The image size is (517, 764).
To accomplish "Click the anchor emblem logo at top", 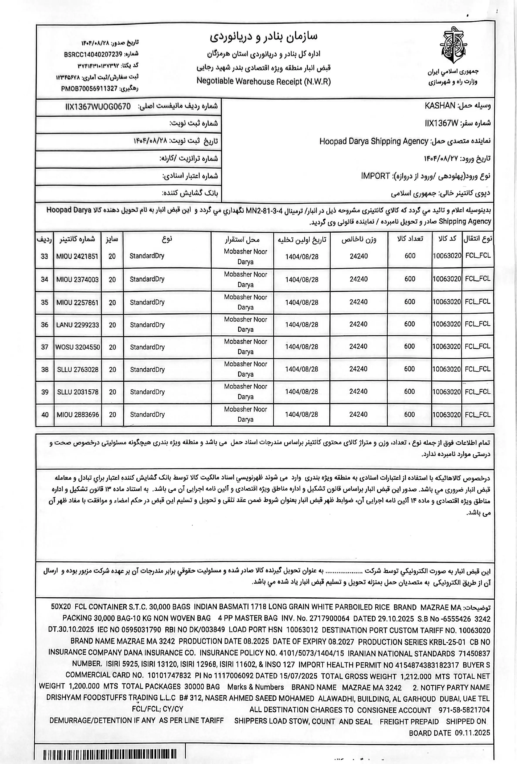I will pyautogui.click(x=453, y=45).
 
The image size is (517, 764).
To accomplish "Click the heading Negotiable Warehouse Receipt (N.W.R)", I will pyautogui.click(x=263, y=81).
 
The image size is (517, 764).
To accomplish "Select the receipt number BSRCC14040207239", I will pyautogui.click(x=93, y=54).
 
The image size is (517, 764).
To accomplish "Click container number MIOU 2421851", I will pyautogui.click(x=77, y=256).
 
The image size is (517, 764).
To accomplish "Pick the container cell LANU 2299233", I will pyautogui.click(x=77, y=325).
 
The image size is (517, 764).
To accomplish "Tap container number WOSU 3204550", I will pyautogui.click(x=78, y=347).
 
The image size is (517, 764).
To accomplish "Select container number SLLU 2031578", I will pyautogui.click(x=77, y=392).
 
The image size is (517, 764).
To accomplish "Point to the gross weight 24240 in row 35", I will pyautogui.click(x=358, y=302).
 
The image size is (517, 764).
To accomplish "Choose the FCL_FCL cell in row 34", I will pyautogui.click(x=478, y=279).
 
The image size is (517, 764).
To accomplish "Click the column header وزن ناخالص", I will pyautogui.click(x=359, y=239).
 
